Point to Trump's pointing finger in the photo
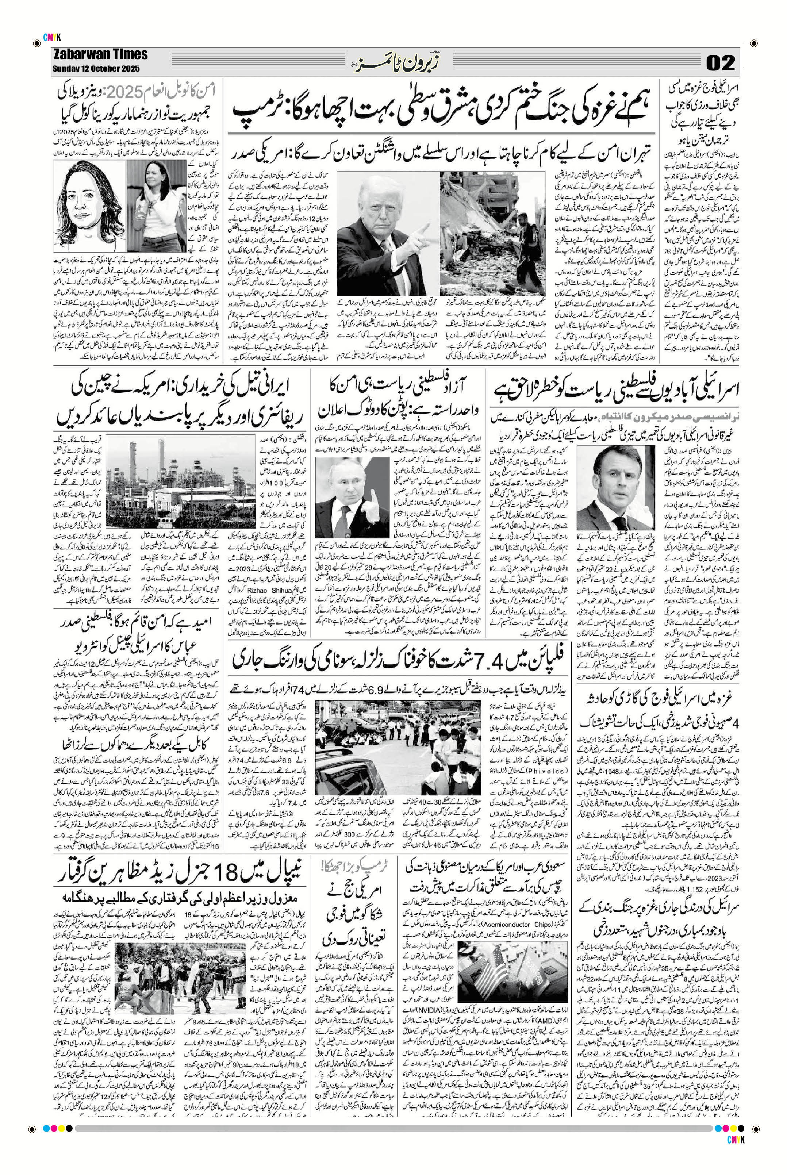click(425, 229)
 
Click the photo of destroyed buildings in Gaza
click(492, 233)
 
